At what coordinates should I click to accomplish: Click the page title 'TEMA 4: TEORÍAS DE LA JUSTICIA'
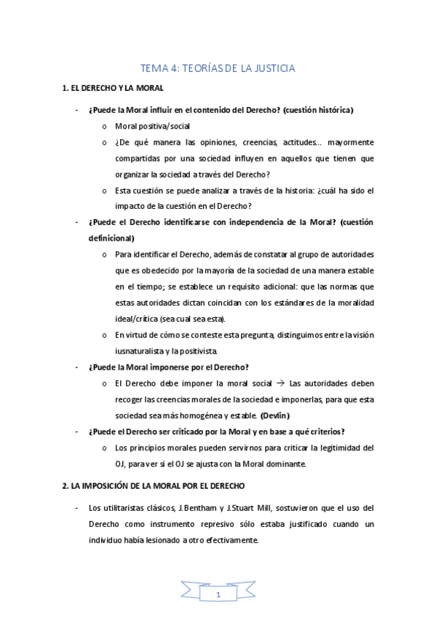[218, 69]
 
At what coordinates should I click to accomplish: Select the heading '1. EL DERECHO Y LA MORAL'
[112, 89]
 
